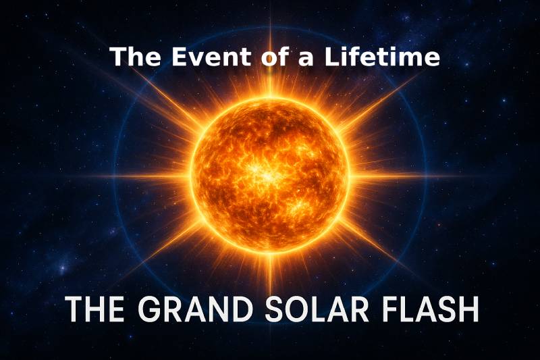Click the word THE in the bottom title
(94, 309)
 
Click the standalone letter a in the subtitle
(306, 59)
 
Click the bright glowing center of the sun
(266, 175)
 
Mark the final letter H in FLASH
(468, 309)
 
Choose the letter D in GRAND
(242, 309)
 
